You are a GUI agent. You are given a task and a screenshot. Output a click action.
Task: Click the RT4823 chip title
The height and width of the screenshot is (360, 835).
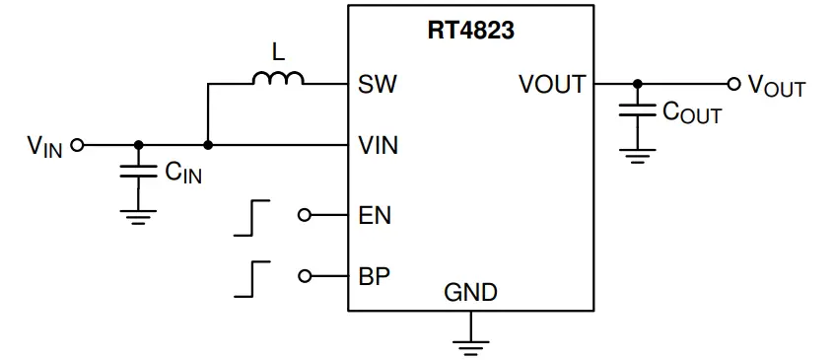470,31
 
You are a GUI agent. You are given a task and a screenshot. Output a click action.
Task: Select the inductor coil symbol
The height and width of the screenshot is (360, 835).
278,79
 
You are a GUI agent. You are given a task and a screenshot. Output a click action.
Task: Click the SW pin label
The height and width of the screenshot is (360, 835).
379,84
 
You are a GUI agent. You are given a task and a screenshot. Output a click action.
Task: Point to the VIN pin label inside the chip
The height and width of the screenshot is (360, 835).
380,145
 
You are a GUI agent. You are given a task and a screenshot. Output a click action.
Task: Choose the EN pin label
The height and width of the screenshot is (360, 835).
376,214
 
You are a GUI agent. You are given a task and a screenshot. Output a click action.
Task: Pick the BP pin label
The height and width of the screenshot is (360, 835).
375,275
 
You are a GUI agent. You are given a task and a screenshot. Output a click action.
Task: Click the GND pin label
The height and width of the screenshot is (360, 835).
470,293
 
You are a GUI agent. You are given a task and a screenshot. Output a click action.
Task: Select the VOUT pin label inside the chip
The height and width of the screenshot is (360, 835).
552,84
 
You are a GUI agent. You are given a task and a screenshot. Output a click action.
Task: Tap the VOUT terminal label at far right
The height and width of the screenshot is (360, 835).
776,86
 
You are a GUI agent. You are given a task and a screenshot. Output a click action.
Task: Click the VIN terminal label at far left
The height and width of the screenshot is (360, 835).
45,147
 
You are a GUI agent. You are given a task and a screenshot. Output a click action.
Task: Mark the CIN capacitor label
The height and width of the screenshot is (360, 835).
183,173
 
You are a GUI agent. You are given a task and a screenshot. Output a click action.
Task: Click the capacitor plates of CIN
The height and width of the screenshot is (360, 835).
138,172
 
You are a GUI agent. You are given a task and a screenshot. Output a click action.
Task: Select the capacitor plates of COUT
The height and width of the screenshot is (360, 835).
638,111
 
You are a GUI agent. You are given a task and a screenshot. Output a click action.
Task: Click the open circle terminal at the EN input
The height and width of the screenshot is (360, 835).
304,214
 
